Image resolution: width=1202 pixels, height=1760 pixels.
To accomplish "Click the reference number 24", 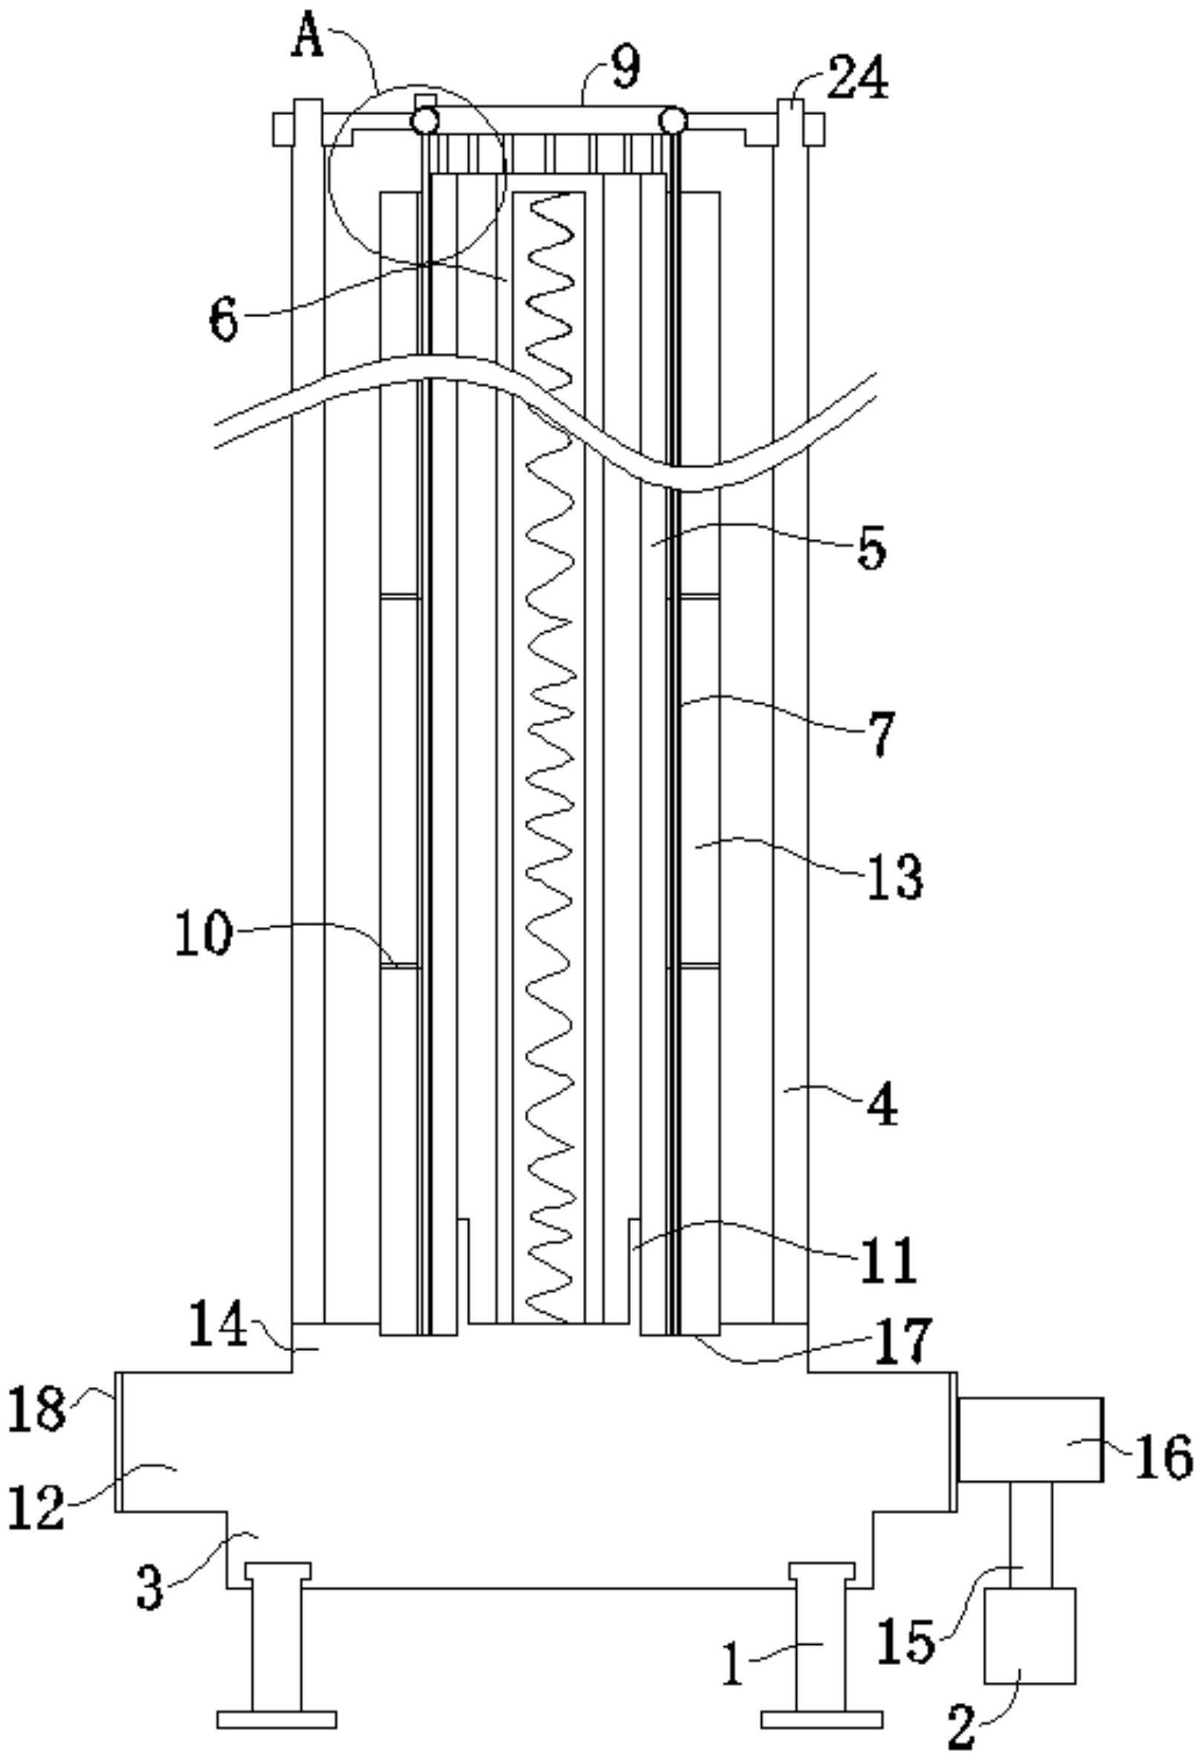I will point(856,80).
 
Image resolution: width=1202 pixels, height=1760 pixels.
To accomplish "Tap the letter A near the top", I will point(308,39).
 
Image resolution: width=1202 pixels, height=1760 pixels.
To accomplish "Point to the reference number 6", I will point(224,320).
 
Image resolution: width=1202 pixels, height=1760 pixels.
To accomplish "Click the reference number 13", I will point(895,878).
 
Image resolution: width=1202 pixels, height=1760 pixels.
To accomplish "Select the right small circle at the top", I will point(673,120).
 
